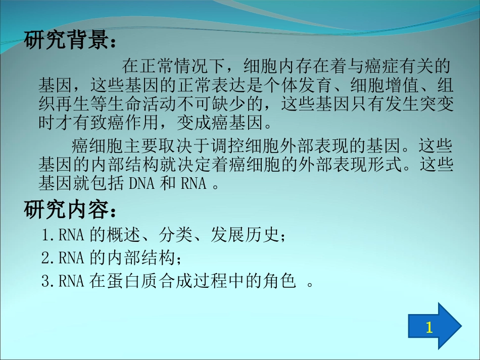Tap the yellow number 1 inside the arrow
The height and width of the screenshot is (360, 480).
(x=429, y=328)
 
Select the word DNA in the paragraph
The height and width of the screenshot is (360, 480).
(x=143, y=183)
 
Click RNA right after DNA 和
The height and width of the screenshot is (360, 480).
(x=194, y=183)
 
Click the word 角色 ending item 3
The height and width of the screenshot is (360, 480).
(x=280, y=281)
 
